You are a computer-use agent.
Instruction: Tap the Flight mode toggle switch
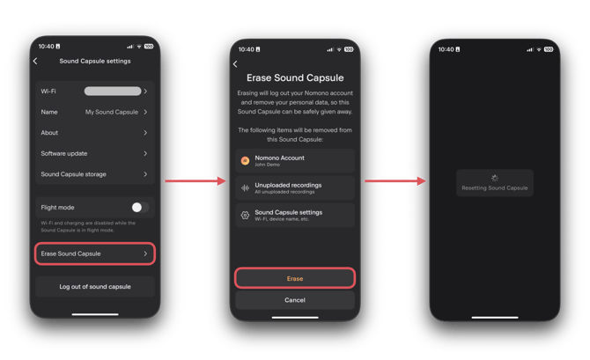[x=140, y=207]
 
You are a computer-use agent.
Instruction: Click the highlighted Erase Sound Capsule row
[x=95, y=253]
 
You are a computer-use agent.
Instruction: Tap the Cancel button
[x=295, y=300]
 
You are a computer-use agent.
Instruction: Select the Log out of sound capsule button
[x=95, y=287]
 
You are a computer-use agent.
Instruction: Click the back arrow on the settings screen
[x=35, y=61]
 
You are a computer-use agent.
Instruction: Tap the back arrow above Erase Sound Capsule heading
[x=235, y=64]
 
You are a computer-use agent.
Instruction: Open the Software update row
[x=95, y=153]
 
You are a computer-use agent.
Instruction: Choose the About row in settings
[x=95, y=133]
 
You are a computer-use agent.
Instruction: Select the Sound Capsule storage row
[x=95, y=174]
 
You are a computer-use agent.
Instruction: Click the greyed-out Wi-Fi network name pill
[x=113, y=91]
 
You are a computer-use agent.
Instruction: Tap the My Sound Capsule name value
[x=111, y=112]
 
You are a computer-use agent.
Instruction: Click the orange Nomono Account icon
[x=245, y=160]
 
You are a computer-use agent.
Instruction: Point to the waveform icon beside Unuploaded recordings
[x=245, y=187]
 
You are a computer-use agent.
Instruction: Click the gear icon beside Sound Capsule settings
[x=245, y=215]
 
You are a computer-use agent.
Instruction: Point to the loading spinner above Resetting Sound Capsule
[x=495, y=178]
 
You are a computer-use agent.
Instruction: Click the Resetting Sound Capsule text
[x=495, y=188]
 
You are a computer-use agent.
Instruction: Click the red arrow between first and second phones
[x=195, y=181]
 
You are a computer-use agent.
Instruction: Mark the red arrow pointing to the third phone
[x=395, y=181]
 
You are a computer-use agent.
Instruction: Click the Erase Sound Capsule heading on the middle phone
[x=295, y=77]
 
